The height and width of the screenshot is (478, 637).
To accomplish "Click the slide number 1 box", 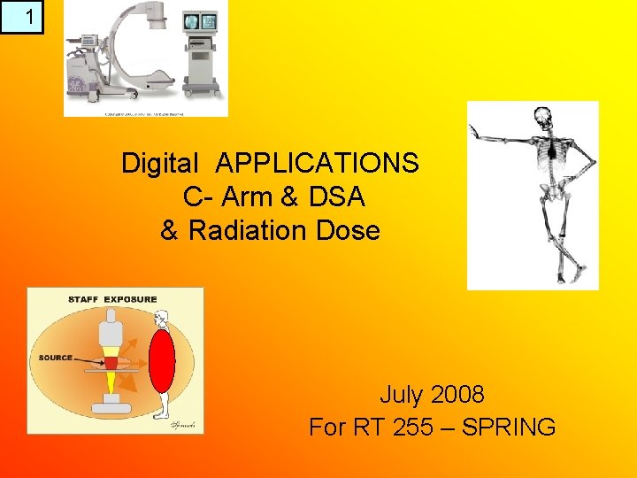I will (x=21, y=17).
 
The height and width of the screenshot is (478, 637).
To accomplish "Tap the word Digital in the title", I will (x=160, y=164).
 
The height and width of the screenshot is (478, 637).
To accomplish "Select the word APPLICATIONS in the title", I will (x=317, y=164).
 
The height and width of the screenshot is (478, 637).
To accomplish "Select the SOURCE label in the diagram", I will (x=55, y=358).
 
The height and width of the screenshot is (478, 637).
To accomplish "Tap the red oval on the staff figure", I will (x=162, y=362).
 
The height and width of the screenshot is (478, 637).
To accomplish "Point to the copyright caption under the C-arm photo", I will (x=145, y=113).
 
